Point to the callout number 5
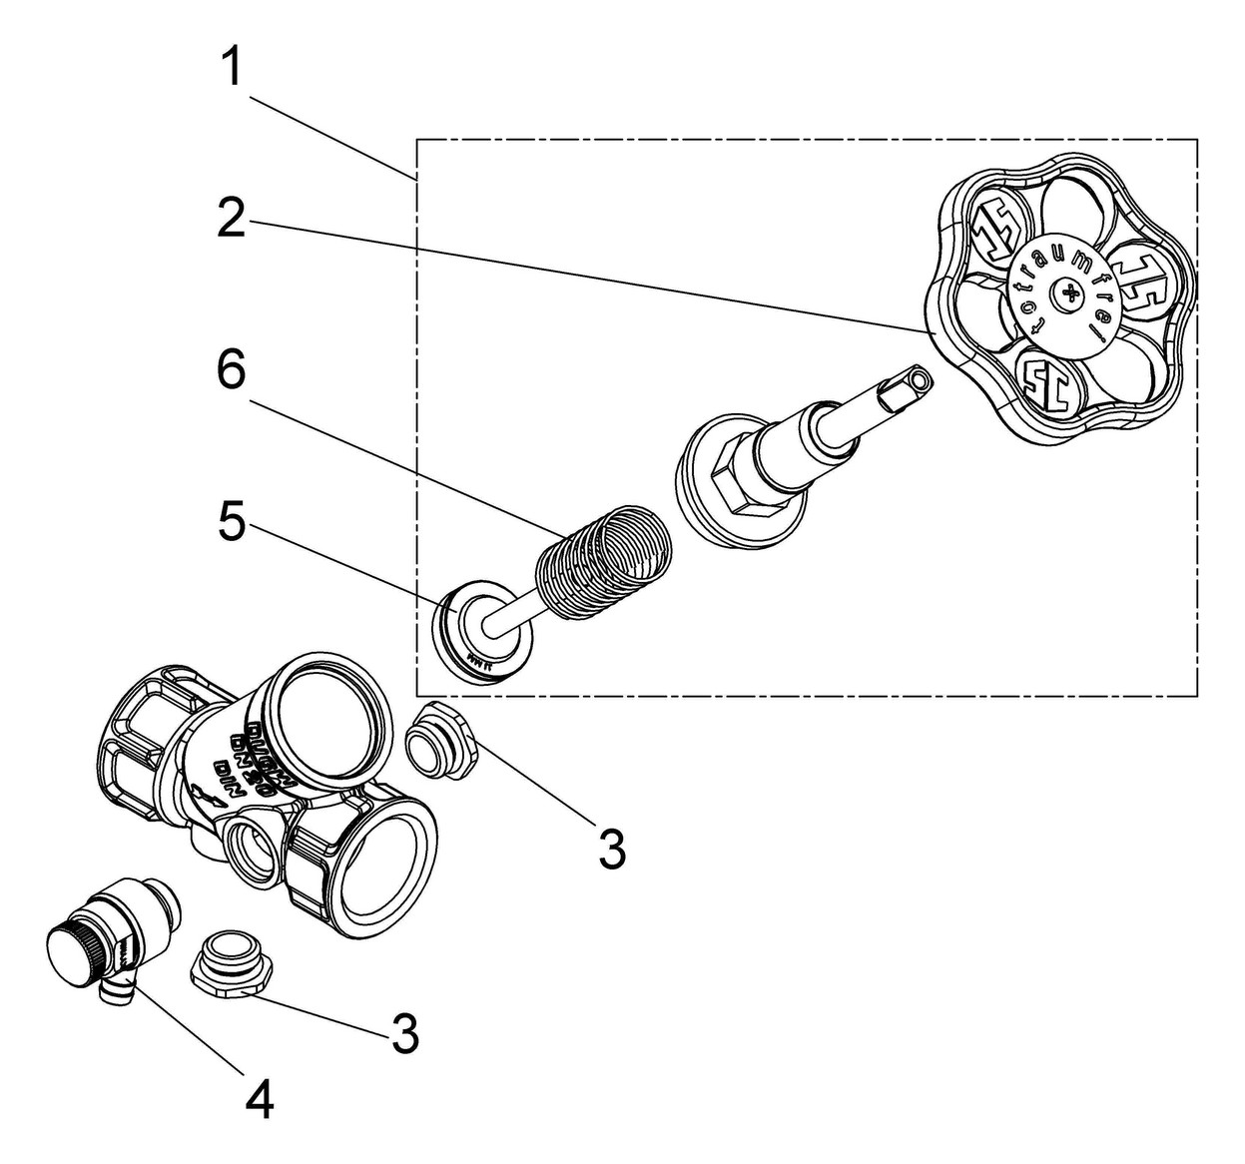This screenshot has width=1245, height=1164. (231, 522)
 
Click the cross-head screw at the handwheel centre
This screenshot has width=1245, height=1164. (1068, 293)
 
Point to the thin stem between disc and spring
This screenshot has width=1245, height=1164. (519, 622)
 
